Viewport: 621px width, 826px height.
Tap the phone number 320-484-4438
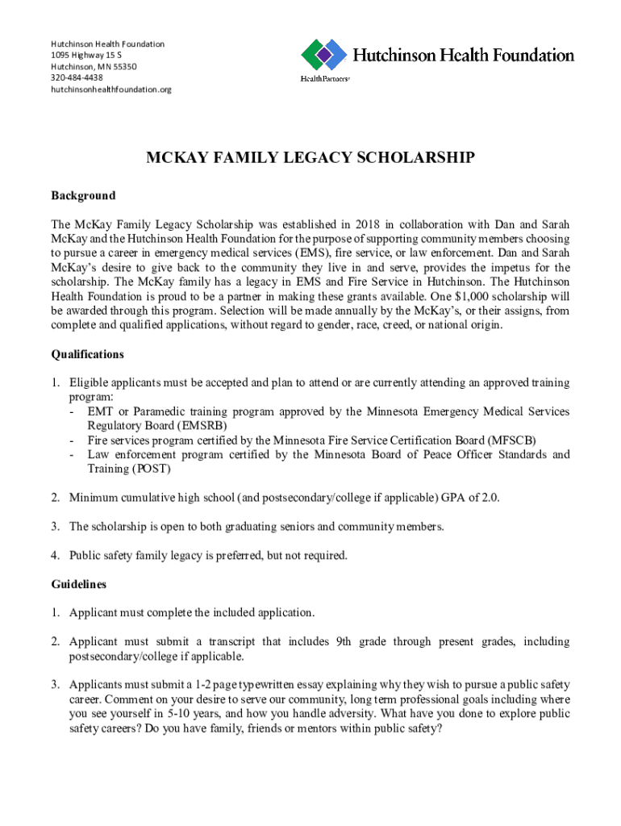pyautogui.click(x=77, y=77)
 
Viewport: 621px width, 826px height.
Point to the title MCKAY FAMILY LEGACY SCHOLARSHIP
pyautogui.click(x=310, y=158)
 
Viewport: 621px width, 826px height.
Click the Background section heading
pyautogui.click(x=83, y=196)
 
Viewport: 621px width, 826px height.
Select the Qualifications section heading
pyautogui.click(x=88, y=354)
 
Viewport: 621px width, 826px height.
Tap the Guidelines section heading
pyautogui.click(x=78, y=583)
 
